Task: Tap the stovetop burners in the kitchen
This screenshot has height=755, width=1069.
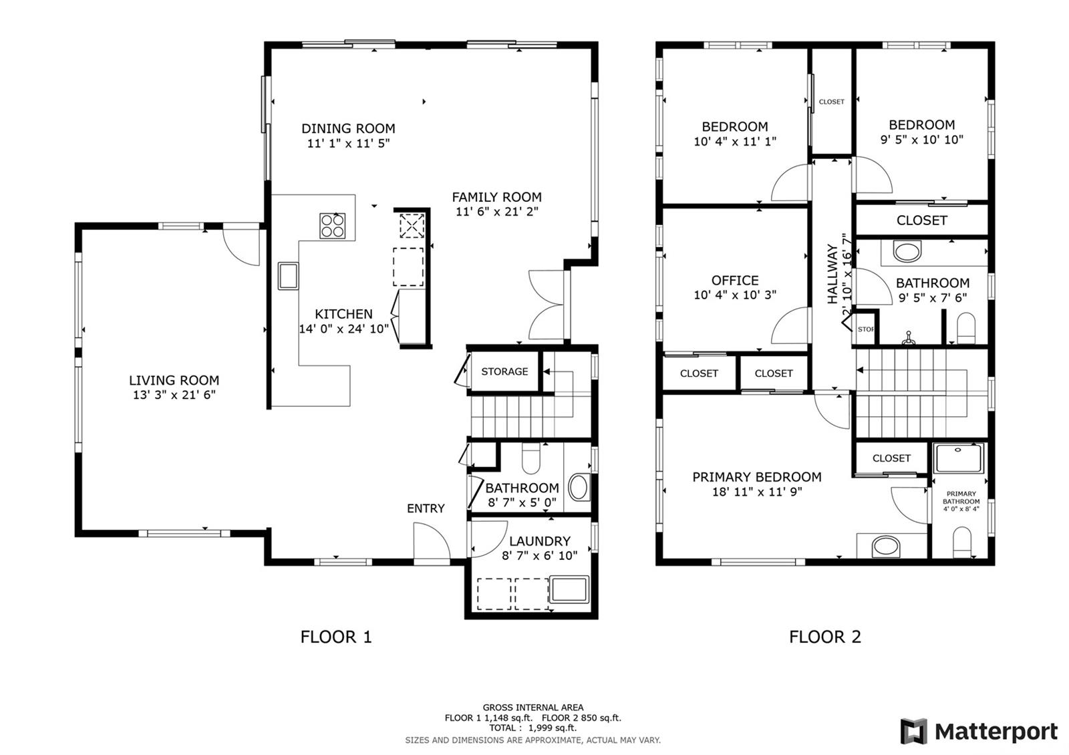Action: click(332, 226)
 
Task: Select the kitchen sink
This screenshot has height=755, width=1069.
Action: click(288, 276)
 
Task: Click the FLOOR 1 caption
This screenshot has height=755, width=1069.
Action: click(336, 637)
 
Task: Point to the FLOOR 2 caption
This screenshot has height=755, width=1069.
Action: click(825, 637)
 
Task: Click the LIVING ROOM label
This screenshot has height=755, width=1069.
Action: click(174, 380)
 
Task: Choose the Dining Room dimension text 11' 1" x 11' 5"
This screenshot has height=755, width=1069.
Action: click(348, 143)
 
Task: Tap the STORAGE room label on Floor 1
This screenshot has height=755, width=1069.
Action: click(504, 371)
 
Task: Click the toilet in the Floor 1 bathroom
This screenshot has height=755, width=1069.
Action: click(530, 458)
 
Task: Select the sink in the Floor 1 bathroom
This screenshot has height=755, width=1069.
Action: click(579, 487)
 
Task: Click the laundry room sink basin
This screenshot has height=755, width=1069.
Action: click(569, 589)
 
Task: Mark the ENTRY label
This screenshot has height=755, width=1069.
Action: click(426, 508)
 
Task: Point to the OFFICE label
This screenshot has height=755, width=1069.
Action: click(735, 280)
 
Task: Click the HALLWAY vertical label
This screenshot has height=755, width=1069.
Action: click(832, 274)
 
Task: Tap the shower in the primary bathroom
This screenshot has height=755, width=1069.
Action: click(959, 458)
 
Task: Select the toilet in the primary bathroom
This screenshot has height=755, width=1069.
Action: click(962, 542)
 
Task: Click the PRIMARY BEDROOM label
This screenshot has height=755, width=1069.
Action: click(757, 477)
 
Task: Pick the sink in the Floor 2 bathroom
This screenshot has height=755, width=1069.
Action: click(907, 251)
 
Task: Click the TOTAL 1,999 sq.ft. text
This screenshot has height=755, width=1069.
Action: click(532, 728)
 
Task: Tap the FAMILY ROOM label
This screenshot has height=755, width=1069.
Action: click(497, 197)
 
